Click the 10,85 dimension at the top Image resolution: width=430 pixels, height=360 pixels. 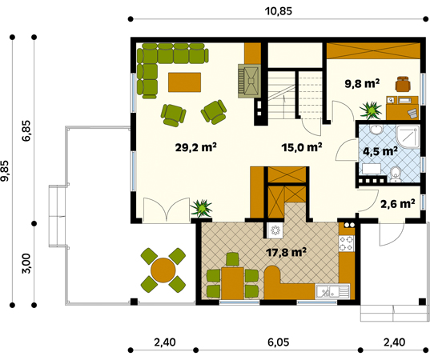click(279, 11)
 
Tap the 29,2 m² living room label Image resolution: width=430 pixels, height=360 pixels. click(196, 147)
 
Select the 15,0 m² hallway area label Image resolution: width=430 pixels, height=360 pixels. click(302, 147)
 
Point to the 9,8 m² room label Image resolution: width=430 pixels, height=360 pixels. click(362, 83)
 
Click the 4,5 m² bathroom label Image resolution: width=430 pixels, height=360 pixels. click(380, 151)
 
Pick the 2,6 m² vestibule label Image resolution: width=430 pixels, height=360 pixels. click(397, 203)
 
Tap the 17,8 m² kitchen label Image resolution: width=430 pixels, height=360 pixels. click(286, 252)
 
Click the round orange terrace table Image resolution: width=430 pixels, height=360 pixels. click(163, 270)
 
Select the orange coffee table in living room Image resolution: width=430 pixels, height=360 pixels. click(184, 82)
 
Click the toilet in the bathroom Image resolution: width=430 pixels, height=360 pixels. click(396, 174)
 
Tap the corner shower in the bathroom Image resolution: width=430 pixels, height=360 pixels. click(408, 137)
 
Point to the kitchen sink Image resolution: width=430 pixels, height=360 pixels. click(332, 291)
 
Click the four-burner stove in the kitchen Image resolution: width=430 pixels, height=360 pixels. click(347, 243)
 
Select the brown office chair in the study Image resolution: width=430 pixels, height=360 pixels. click(403, 83)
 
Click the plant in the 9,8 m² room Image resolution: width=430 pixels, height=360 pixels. click(371, 110)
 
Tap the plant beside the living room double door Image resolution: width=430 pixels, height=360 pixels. click(202, 208)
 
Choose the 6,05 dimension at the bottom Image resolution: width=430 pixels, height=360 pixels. click(279, 342)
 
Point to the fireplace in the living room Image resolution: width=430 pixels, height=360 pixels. click(249, 81)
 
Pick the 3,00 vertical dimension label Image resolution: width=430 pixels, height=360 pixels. click(26, 263)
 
